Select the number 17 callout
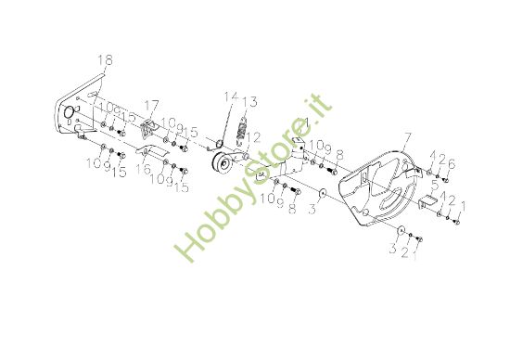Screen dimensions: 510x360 pos(151,104)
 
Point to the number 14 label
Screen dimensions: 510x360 pos(229,96)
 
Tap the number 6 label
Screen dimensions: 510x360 pos(452,164)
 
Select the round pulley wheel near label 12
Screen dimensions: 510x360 pos(223,164)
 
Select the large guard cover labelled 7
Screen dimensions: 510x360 pos(381,189)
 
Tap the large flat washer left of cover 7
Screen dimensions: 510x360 pos(320,193)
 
